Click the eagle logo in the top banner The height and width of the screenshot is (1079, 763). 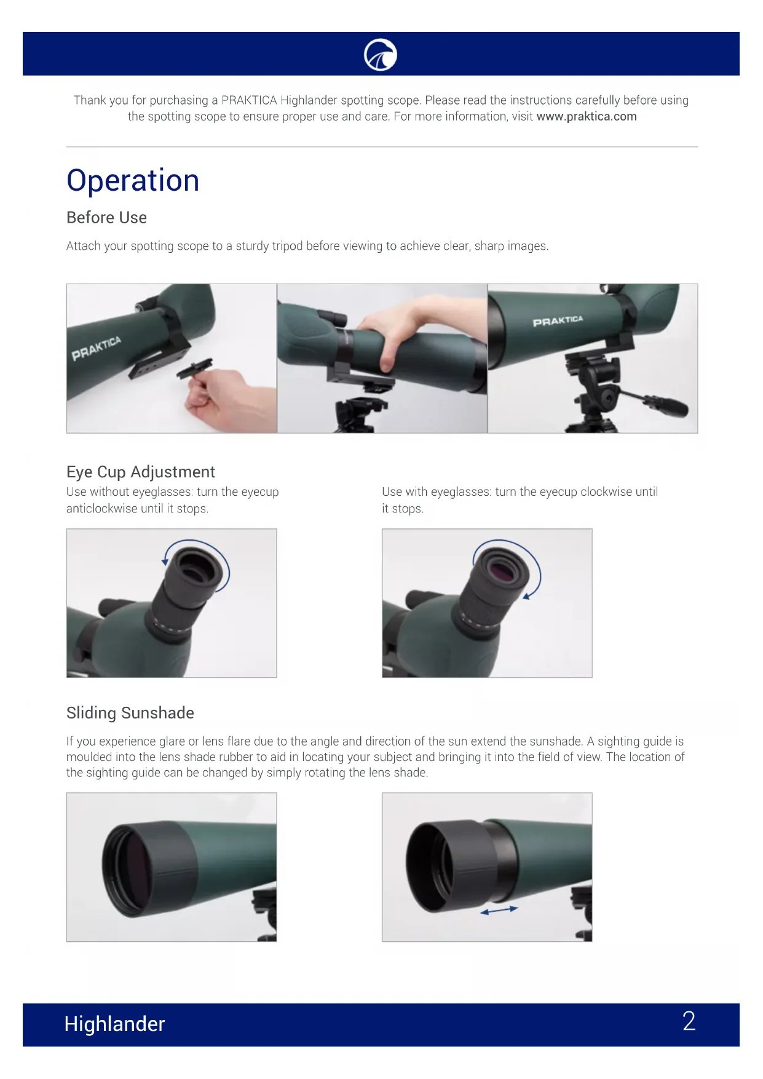pos(381,55)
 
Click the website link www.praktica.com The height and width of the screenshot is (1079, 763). pos(587,117)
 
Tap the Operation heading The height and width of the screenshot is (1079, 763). pos(133,181)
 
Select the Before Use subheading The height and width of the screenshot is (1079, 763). pos(106,218)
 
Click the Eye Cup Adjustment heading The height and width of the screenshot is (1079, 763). pos(141,472)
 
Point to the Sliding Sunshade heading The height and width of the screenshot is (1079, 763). pos(130,713)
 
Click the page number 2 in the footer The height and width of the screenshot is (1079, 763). pos(689,1021)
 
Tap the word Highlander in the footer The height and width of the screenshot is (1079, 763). pos(114,1024)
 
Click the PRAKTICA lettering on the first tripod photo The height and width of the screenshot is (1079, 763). pos(96,348)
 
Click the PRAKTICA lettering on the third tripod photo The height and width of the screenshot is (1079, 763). pos(558,321)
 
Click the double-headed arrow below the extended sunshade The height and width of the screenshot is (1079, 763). pos(499,910)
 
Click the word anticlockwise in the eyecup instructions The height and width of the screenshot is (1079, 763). pos(102,509)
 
